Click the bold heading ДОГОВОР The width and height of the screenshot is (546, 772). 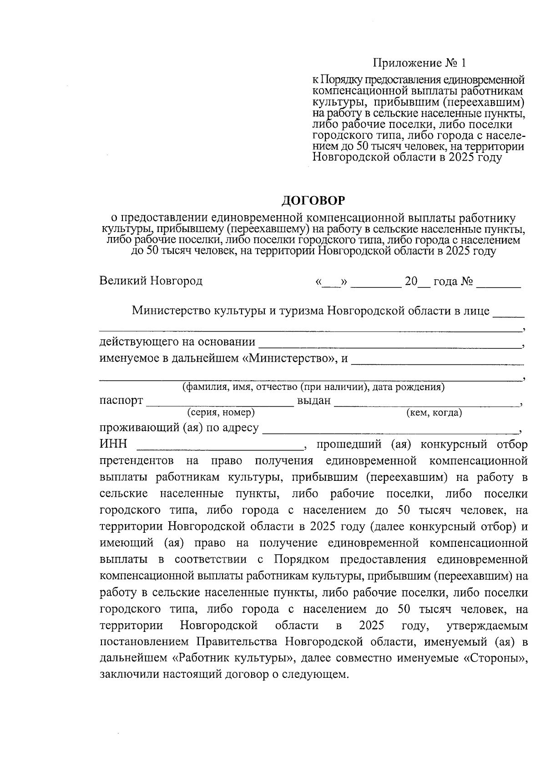(313, 200)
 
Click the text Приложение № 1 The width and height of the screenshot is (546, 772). (420, 62)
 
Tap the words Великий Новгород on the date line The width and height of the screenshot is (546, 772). (151, 281)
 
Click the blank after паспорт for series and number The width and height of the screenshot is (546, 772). (220, 402)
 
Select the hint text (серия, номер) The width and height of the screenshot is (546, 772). (221, 413)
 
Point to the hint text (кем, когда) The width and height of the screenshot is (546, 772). (434, 413)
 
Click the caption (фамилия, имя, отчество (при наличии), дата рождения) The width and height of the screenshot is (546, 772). (313, 388)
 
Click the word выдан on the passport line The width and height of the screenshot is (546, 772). (313, 401)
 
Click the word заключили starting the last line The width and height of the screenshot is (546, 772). (123, 675)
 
